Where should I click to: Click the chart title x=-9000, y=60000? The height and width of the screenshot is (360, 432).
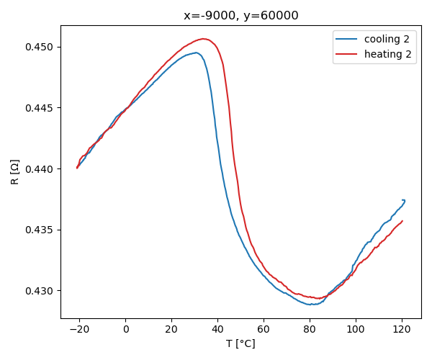(240, 15)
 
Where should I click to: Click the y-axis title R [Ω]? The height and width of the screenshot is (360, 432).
(15, 172)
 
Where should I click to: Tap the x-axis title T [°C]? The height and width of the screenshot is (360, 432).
(240, 343)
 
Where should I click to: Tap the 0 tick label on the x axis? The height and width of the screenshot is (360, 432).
(125, 330)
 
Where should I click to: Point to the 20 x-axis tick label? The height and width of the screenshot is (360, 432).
(171, 330)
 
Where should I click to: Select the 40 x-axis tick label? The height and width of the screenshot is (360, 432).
(217, 330)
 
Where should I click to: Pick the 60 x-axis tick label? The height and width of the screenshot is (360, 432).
(264, 330)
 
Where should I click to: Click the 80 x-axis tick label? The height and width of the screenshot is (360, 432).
(310, 330)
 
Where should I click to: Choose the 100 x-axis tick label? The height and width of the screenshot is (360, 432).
(356, 330)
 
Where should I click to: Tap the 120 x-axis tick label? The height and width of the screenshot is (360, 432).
(402, 330)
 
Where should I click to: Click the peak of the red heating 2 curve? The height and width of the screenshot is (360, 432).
(204, 38)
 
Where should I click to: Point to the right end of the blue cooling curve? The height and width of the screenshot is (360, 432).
(405, 200)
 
